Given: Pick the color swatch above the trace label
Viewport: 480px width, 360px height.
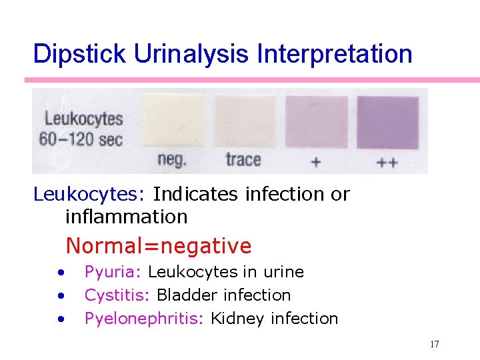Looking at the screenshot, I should (244, 121).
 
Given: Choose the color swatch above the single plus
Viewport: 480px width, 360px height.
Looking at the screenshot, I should (316, 122).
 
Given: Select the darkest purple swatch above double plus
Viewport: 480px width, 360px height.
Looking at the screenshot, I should (387, 122).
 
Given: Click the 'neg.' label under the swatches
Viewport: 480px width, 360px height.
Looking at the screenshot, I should (172, 160).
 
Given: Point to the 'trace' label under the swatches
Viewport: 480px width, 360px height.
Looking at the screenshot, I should (243, 160).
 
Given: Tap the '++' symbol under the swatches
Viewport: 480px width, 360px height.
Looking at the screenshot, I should (387, 162).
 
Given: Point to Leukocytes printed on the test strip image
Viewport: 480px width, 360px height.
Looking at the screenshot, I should (84, 119).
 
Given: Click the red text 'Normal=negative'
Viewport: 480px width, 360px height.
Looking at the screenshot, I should (159, 246).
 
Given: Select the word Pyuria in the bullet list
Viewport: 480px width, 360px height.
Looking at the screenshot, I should (113, 272).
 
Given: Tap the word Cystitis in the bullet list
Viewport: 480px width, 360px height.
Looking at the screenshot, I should (117, 295).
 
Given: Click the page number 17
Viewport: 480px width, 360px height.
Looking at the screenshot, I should (434, 345).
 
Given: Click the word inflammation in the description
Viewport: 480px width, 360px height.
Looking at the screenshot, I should (126, 217).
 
